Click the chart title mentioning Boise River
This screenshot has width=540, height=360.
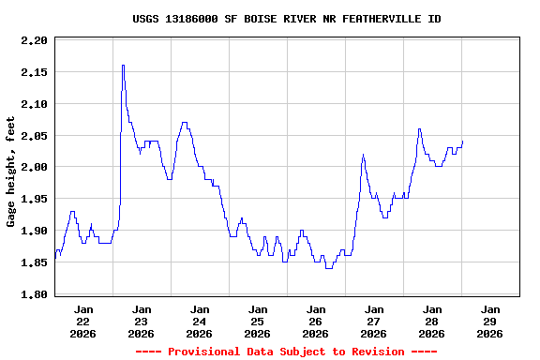click(287, 19)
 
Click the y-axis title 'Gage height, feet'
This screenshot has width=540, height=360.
click(11, 172)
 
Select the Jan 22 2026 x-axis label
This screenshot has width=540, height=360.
click(83, 321)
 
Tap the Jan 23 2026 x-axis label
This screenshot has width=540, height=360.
click(142, 321)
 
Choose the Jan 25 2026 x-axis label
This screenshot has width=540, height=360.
click(258, 321)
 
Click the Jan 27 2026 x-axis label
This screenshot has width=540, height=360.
click(374, 321)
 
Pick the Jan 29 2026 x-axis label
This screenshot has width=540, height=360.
click(490, 321)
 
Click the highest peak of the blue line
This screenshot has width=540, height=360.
click(123, 66)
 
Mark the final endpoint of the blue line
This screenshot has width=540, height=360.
click(462, 142)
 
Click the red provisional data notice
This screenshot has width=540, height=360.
click(286, 352)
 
